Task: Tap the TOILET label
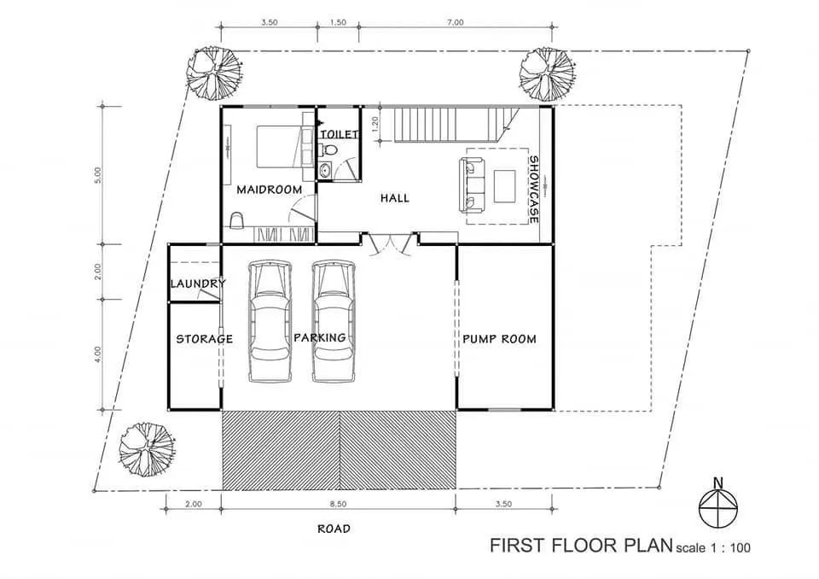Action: pos(339,134)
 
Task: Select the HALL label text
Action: pos(395,198)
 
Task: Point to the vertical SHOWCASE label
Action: pos(533,190)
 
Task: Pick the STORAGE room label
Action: pos(204,339)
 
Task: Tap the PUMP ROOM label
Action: pos(499,339)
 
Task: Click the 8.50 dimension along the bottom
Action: pos(339,504)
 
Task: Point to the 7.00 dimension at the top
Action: pos(455,23)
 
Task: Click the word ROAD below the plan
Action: pos(334,529)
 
